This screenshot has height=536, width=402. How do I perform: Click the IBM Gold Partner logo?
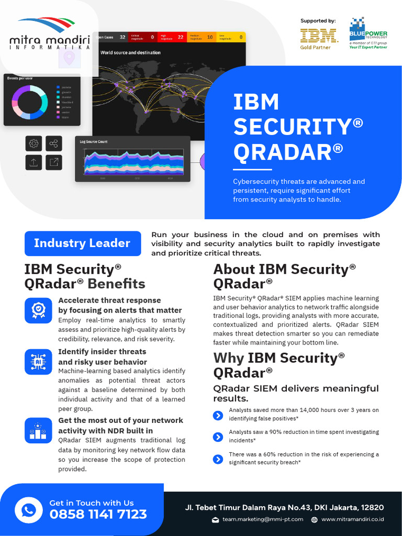[x=318, y=38]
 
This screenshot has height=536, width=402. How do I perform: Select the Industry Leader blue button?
[x=82, y=243]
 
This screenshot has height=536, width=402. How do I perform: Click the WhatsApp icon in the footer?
[x=28, y=509]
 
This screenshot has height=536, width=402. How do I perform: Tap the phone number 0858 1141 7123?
[x=98, y=515]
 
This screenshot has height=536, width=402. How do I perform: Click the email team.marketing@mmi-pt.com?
[x=262, y=519]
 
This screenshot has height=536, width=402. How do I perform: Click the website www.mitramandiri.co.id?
[x=352, y=519]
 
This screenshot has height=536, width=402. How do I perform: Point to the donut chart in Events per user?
[x=29, y=101]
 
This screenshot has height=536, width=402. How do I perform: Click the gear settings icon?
[x=33, y=143]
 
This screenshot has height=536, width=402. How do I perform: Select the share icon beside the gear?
[x=53, y=143]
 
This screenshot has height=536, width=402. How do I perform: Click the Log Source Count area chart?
[x=134, y=162]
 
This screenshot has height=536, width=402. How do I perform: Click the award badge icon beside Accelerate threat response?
[x=38, y=310]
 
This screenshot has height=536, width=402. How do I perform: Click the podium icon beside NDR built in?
[x=38, y=430]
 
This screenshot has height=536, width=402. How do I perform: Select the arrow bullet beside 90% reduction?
[x=218, y=437]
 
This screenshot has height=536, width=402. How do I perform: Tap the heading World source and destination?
[x=130, y=53]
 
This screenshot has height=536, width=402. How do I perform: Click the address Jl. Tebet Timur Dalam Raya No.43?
[x=284, y=507]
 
